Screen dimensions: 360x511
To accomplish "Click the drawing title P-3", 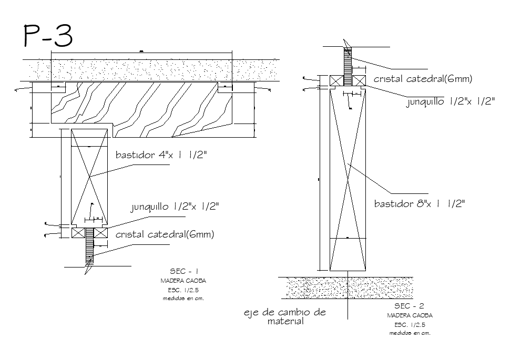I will click(47, 36).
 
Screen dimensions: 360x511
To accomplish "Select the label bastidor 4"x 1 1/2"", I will click(161, 156).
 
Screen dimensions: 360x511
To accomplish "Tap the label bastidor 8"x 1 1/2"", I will click(420, 203).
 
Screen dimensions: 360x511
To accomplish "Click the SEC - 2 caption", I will click(410, 306).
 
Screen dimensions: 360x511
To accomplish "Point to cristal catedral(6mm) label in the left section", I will click(165, 234).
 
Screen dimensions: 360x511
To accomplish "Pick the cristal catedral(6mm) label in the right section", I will click(423, 79).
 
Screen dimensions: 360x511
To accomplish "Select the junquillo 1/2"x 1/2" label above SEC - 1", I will click(175, 207).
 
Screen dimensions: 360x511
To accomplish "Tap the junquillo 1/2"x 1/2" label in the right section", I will click(450, 101).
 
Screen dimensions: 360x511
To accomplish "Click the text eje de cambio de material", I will click(284, 316).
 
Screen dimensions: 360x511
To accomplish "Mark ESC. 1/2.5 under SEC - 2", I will click(410, 325).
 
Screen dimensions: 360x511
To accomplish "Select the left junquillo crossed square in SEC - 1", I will click(78, 233).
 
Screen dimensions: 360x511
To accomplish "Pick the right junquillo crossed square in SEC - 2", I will click(359, 81).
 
